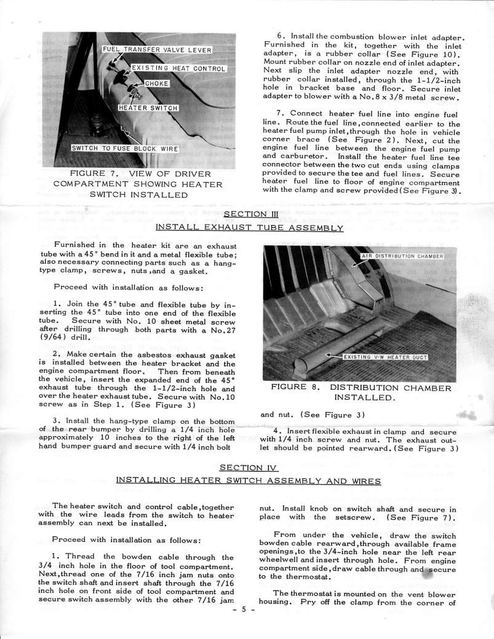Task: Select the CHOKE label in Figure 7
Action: pos(157,84)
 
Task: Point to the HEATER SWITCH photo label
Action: pos(148,108)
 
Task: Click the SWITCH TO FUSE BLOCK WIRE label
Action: pos(125,148)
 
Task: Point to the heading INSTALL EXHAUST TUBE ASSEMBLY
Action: pos(248,227)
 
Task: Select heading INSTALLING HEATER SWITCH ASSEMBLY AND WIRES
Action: pos(248,480)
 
